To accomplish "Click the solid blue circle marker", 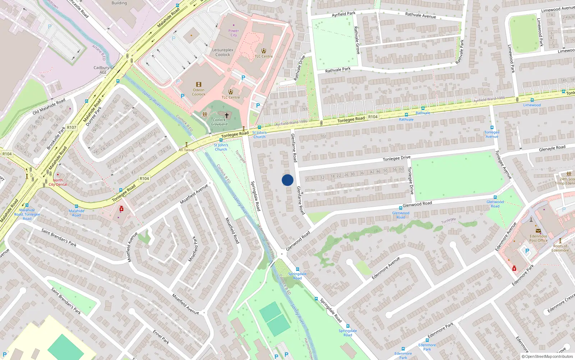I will pyautogui.click(x=287, y=180).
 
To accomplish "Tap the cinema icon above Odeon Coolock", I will pyautogui.click(x=198, y=85).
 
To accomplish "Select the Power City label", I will pyautogui.click(x=234, y=33).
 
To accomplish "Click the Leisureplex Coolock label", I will pyautogui.click(x=223, y=52).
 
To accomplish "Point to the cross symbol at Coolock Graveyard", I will pyautogui.click(x=227, y=116).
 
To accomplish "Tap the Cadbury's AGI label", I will pyautogui.click(x=103, y=70).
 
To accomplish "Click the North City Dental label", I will pyautogui.click(x=58, y=182).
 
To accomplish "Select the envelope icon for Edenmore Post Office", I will pyautogui.click(x=538, y=231).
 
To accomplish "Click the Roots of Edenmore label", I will pyautogui.click(x=560, y=248).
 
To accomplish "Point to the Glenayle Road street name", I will pyautogui.click(x=552, y=148).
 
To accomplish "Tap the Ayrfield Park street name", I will pyautogui.click(x=344, y=14).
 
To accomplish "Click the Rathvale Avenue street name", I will pyautogui.click(x=420, y=15).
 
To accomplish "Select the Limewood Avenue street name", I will pyautogui.click(x=558, y=9).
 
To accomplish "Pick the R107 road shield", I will pyautogui.click(x=72, y=127).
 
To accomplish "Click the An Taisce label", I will pyautogui.click(x=186, y=150).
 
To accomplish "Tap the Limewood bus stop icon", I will pyautogui.click(x=532, y=100).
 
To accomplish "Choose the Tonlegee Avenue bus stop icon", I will pyautogui.click(x=492, y=127).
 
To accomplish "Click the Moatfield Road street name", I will pyautogui.click(x=232, y=230).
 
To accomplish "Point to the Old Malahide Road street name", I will pyautogui.click(x=49, y=106).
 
